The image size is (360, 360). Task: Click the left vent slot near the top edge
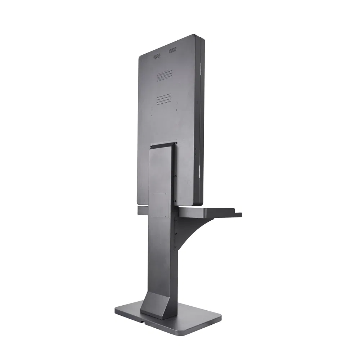pos(157,57)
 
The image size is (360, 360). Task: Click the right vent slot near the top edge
pos(173,51)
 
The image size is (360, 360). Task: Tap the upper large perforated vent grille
pos(164,75)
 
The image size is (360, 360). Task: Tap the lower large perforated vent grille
pos(164,98)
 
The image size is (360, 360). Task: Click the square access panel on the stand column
pos(159,205)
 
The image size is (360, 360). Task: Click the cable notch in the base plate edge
pos(143,319)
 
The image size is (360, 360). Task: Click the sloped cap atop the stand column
pos(162,145)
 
